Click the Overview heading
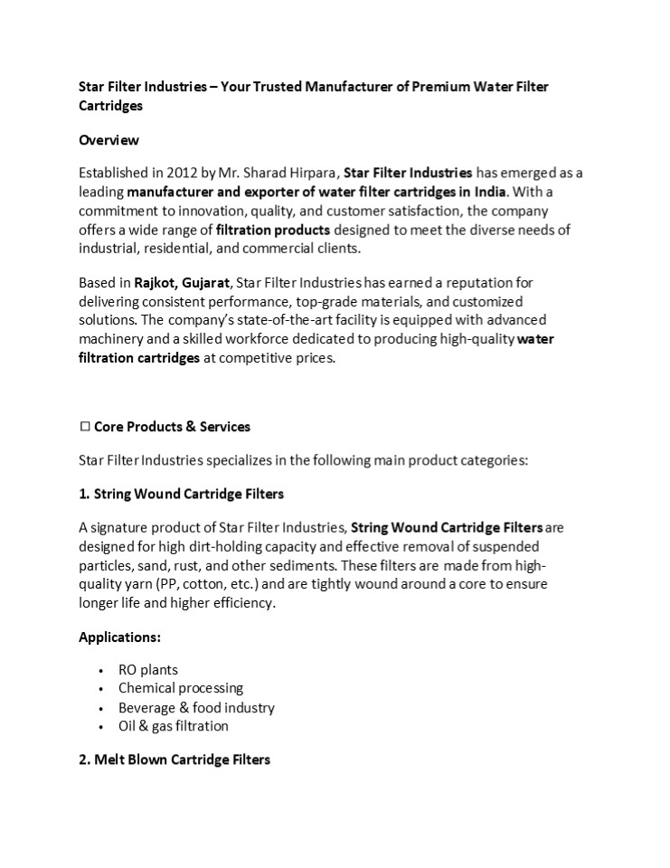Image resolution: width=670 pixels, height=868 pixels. [109, 140]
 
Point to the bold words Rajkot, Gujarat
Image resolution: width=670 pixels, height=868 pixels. [184, 283]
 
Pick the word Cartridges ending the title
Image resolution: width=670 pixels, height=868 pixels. [111, 106]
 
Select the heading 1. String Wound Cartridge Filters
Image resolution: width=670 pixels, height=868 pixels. [181, 494]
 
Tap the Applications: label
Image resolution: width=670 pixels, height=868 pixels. [119, 637]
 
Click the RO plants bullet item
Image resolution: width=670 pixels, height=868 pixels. [147, 670]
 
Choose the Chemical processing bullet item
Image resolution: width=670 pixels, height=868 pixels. [180, 688]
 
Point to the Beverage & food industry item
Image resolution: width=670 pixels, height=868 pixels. [196, 707]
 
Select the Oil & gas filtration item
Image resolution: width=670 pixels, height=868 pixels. [173, 726]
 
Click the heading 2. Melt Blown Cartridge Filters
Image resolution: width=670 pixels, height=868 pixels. [175, 759]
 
